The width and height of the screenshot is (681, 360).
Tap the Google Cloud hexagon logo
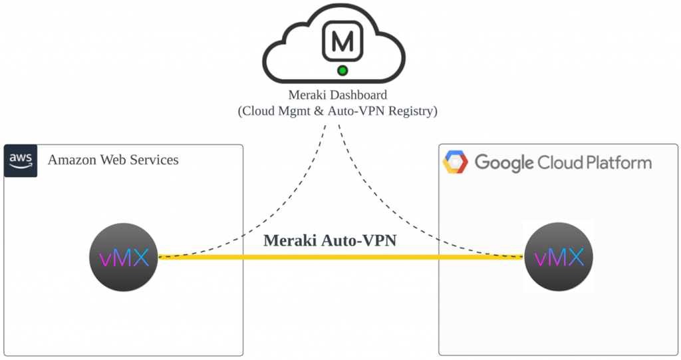click(x=456, y=162)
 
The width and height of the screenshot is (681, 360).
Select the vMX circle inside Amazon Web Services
click(x=123, y=257)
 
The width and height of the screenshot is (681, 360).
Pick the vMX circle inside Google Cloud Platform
click(x=558, y=257)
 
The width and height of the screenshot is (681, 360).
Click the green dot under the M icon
click(x=342, y=70)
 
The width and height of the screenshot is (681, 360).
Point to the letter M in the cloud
click(x=342, y=41)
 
